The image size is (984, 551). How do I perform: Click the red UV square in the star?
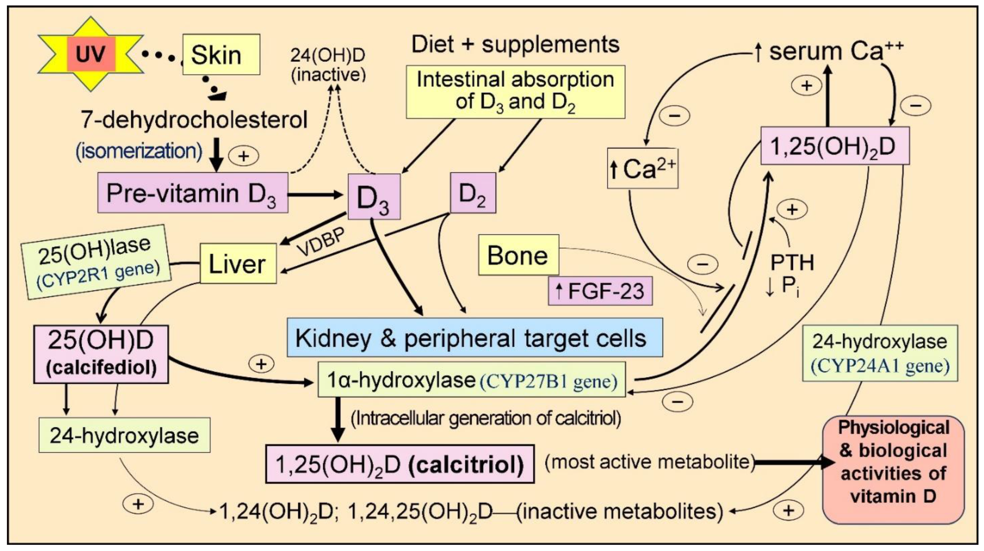tap(91, 54)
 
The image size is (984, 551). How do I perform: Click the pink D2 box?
tap(473, 193)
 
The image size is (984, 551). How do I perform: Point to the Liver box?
tap(238, 264)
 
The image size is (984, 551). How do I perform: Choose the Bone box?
tap(518, 255)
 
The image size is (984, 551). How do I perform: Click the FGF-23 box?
tap(600, 291)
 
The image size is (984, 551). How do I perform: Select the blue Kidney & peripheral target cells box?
tap(475, 337)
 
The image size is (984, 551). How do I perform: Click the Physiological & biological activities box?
tap(893, 469)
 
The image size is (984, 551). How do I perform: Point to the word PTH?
tap(792, 263)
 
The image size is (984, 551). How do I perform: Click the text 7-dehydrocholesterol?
tap(194, 120)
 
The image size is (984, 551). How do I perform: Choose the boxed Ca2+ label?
tap(643, 168)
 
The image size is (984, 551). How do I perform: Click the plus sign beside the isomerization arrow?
tap(243, 156)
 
